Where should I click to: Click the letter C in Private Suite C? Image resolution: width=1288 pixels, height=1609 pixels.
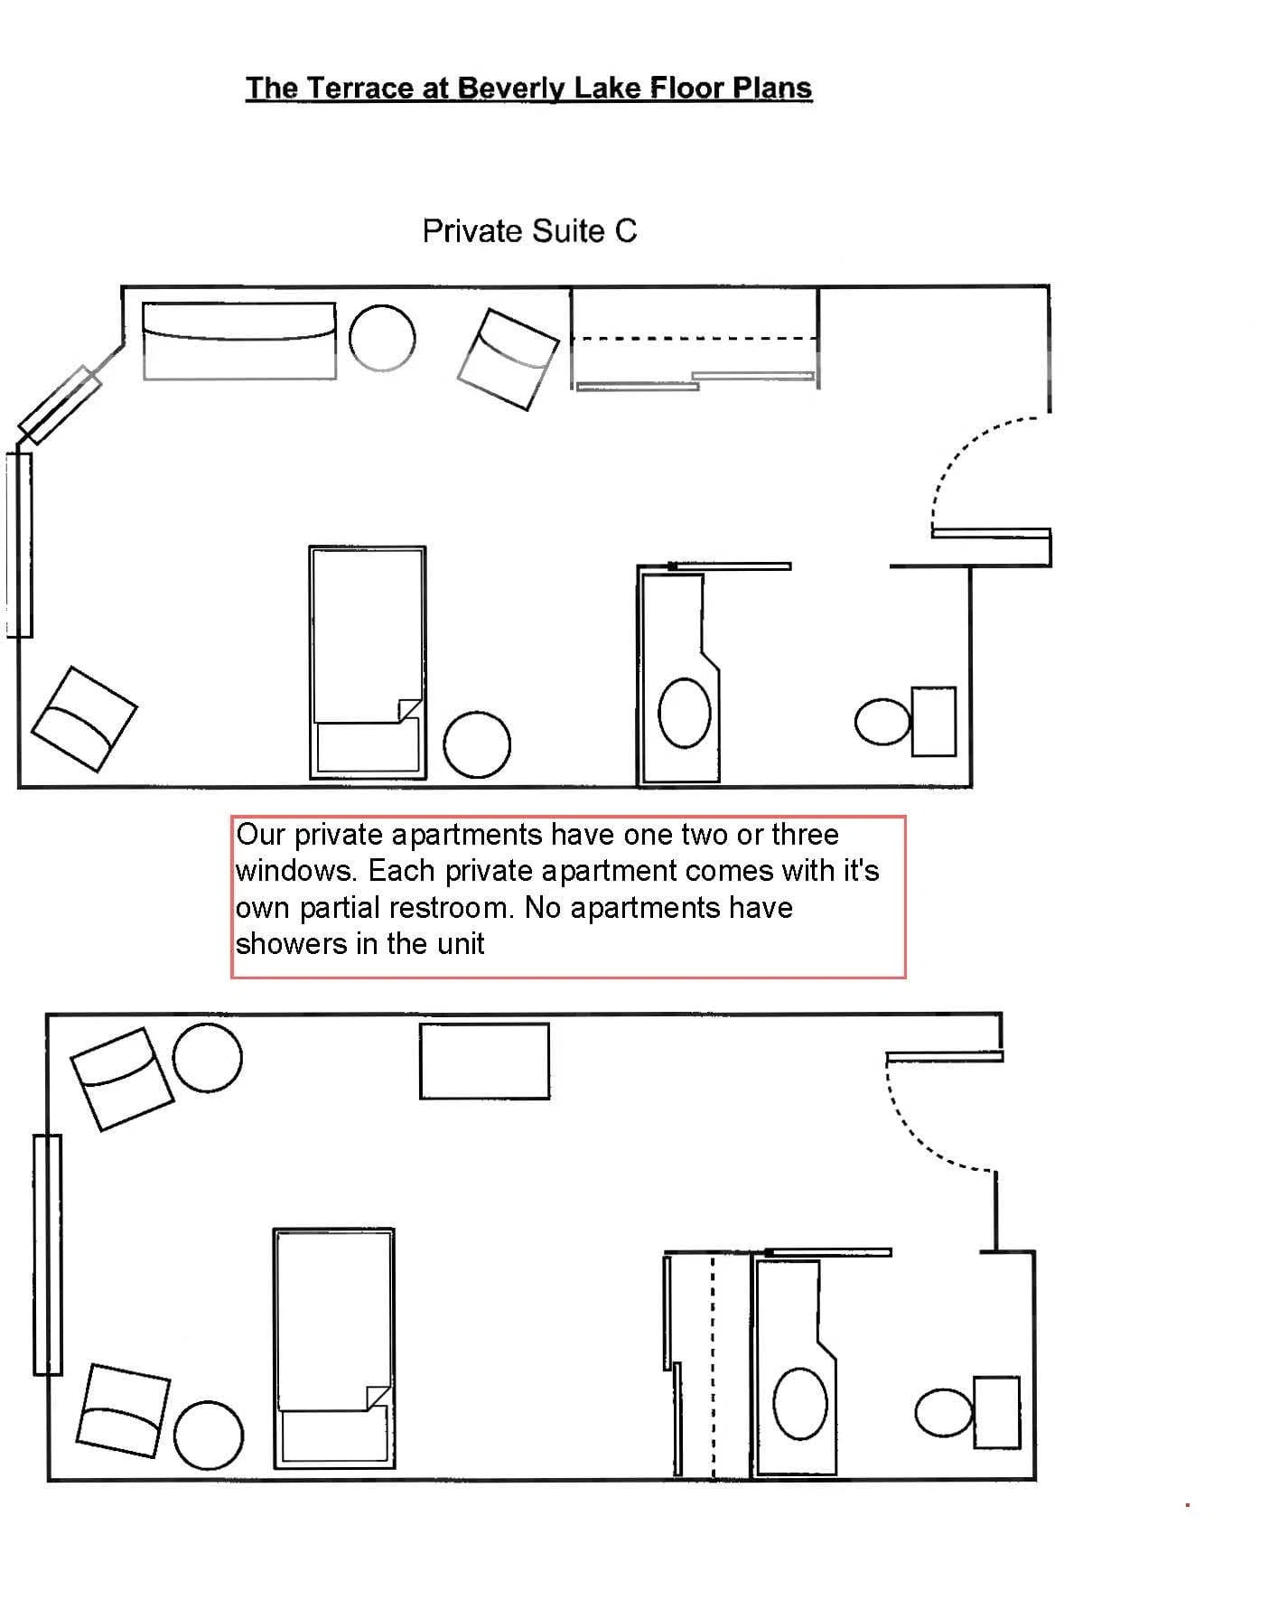[626, 231]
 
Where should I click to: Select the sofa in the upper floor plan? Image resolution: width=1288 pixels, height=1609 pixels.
[239, 341]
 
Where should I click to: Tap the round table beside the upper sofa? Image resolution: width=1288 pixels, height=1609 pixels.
[382, 338]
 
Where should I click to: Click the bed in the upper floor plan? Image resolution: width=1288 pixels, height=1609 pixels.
[368, 662]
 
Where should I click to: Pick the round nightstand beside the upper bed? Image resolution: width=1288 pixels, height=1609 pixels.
[477, 744]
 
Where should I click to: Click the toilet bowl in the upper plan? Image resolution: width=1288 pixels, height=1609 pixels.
[882, 722]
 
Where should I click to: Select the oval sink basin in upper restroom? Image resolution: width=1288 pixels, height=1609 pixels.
[685, 713]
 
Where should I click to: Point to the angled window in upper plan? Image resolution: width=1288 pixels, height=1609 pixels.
[59, 405]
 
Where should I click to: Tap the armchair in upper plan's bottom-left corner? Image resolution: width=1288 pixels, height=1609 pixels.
[84, 719]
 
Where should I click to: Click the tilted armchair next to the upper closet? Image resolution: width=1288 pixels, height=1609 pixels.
[509, 359]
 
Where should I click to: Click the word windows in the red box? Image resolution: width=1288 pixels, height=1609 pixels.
[291, 871]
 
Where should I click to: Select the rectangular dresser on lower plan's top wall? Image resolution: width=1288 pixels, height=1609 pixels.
[484, 1061]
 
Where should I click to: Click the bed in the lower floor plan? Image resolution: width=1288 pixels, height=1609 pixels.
[334, 1348]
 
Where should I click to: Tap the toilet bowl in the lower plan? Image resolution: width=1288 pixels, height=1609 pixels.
[944, 1412]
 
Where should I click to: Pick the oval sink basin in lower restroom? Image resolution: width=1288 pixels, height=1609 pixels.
[800, 1403]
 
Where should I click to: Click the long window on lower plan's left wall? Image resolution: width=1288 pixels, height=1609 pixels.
[48, 1255]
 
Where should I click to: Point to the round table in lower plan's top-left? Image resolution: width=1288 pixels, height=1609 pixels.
[207, 1058]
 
